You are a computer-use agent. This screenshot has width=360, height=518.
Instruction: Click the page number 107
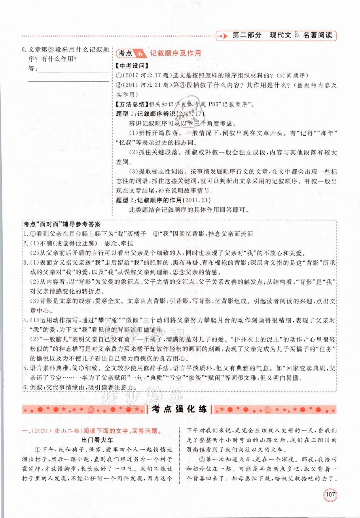(x=330, y=495)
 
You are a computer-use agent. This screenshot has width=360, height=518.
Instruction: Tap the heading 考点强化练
(x=179, y=409)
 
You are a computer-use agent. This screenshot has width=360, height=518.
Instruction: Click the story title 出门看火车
(x=97, y=440)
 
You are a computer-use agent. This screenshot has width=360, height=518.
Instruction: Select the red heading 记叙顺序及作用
(x=175, y=53)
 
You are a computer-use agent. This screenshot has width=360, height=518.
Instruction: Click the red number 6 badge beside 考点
(x=140, y=54)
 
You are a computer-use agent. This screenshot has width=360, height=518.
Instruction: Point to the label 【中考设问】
(x=130, y=66)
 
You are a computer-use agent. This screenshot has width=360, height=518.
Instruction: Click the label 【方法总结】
(x=130, y=104)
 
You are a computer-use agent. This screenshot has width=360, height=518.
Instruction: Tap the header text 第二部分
(x=247, y=35)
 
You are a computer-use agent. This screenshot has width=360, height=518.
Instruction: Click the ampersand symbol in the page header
(x=297, y=35)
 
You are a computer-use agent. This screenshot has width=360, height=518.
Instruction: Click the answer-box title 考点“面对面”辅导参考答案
(x=62, y=224)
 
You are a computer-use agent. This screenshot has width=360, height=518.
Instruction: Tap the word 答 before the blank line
(x=32, y=69)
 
